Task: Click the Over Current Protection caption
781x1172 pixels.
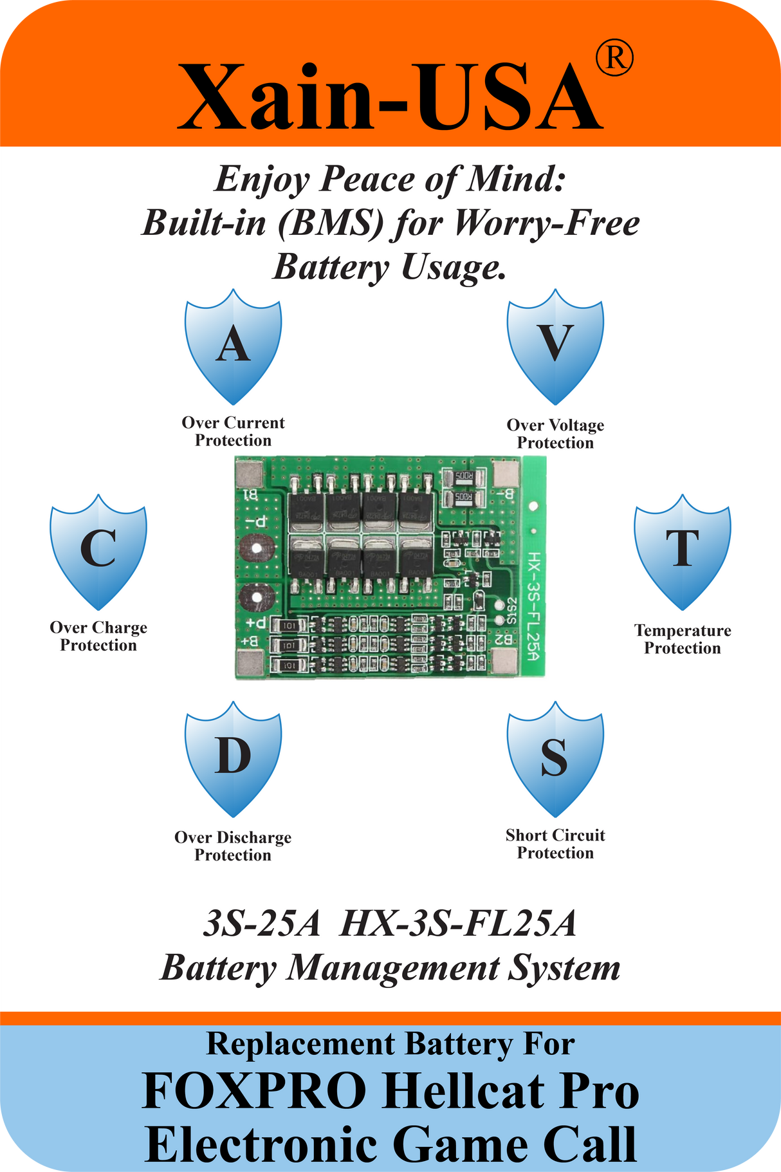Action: (x=233, y=431)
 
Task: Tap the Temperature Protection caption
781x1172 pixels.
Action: (x=683, y=639)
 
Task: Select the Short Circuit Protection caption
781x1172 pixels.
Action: (x=555, y=844)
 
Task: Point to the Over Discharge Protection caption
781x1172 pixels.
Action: (x=233, y=846)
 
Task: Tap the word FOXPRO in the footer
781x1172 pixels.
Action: (x=255, y=1091)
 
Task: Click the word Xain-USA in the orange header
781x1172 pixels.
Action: (x=390, y=97)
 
